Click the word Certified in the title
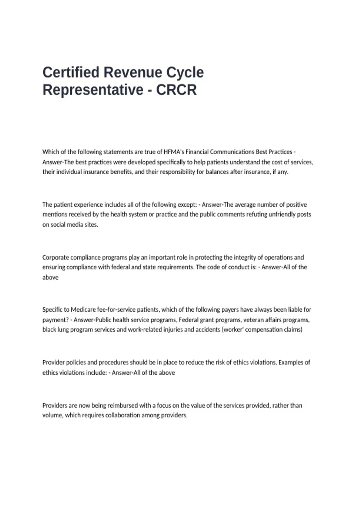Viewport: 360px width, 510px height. click(x=71, y=72)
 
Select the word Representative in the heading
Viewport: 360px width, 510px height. click(x=93, y=90)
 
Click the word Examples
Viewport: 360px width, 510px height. click(x=291, y=362)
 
